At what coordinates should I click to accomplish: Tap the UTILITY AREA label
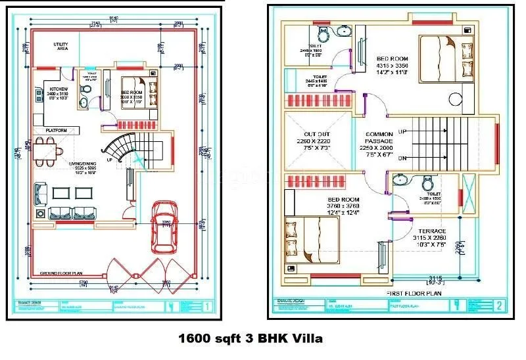tap(61, 47)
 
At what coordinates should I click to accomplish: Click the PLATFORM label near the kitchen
tap(56, 131)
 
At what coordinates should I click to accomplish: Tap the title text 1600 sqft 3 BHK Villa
tap(251, 340)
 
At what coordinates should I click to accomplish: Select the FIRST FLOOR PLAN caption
tap(414, 293)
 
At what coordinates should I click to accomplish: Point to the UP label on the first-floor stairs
tap(402, 132)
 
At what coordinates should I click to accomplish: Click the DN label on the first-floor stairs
tap(402, 158)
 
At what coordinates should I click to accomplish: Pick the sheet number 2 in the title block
tap(499, 305)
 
